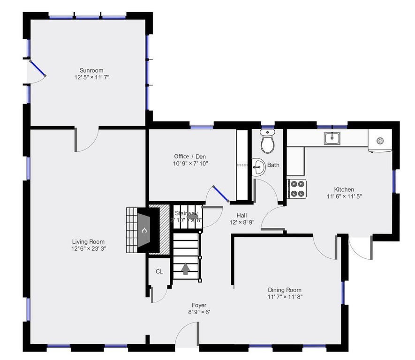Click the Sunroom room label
tap(91, 70)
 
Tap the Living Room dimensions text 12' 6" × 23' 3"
tap(89, 249)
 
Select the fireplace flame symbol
tap(144, 231)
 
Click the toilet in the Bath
tap(267, 142)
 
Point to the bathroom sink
tap(257, 166)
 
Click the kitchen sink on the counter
tap(332, 138)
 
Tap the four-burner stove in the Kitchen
tap(296, 189)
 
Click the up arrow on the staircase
tap(186, 269)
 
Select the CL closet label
tap(159, 271)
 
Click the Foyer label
tap(199, 305)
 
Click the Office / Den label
tap(190, 157)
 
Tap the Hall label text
tap(241, 215)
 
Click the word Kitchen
tap(344, 189)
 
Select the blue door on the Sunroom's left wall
tap(38, 68)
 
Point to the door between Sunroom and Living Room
tap(87, 140)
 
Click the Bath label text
tap(273, 165)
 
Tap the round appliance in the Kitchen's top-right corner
tap(380, 140)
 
